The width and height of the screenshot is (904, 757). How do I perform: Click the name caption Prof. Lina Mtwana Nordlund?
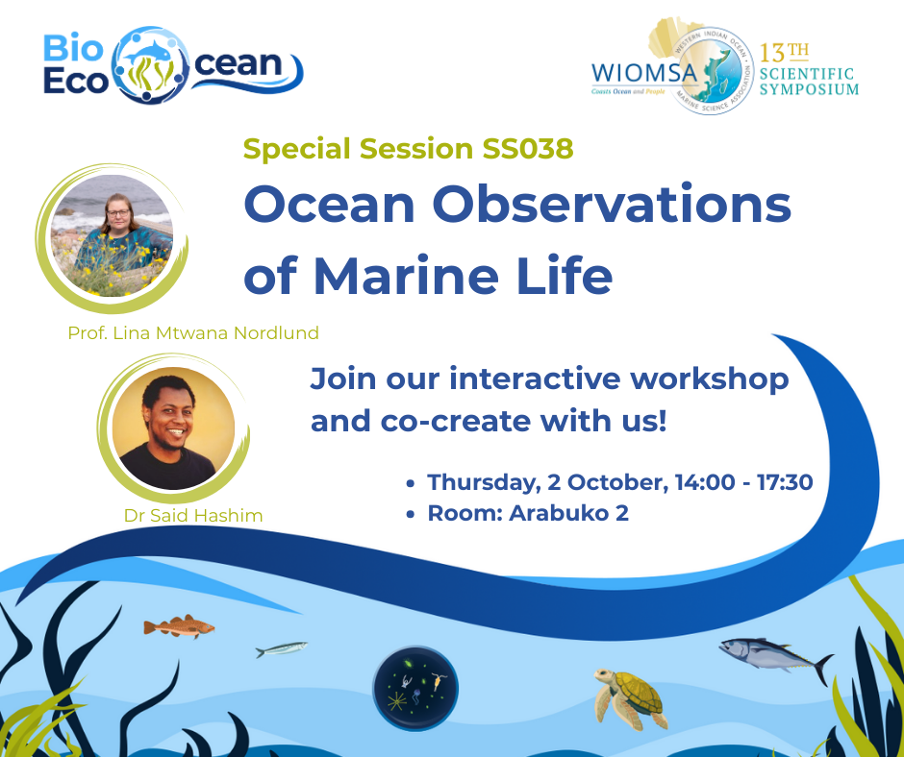tap(192, 333)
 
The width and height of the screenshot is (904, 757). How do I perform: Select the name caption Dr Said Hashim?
tap(193, 516)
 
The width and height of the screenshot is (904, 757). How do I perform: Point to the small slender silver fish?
tap(281, 649)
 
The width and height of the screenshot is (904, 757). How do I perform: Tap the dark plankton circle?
tap(415, 687)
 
